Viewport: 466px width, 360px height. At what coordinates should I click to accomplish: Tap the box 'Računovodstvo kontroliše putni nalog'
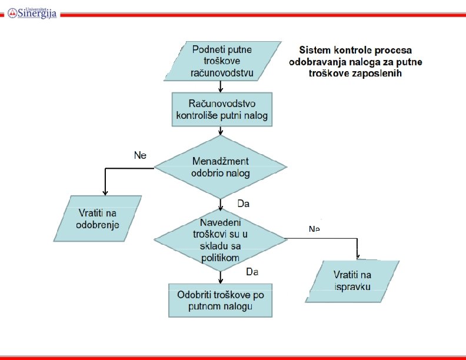pos(222,109)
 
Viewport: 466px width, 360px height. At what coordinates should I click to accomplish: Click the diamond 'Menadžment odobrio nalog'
pos(221,167)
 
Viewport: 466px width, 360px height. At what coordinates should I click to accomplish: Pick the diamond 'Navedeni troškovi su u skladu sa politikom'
pos(220,239)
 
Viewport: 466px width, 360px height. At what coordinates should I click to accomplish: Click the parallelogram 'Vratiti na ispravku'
pos(354,281)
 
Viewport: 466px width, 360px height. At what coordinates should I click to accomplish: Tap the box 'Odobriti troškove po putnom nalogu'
pos(221,301)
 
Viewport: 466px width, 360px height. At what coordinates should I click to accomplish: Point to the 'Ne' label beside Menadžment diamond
pos(140,156)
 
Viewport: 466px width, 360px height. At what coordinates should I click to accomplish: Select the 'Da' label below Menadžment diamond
pos(244,204)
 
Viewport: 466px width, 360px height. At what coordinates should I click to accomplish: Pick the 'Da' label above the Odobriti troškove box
pos(252,272)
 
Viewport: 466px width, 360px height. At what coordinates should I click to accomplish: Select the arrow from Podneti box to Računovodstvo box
pos(220,86)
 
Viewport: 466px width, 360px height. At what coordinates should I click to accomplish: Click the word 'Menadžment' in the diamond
pos(221,161)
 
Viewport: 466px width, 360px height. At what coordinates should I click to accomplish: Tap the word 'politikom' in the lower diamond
pos(220,258)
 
